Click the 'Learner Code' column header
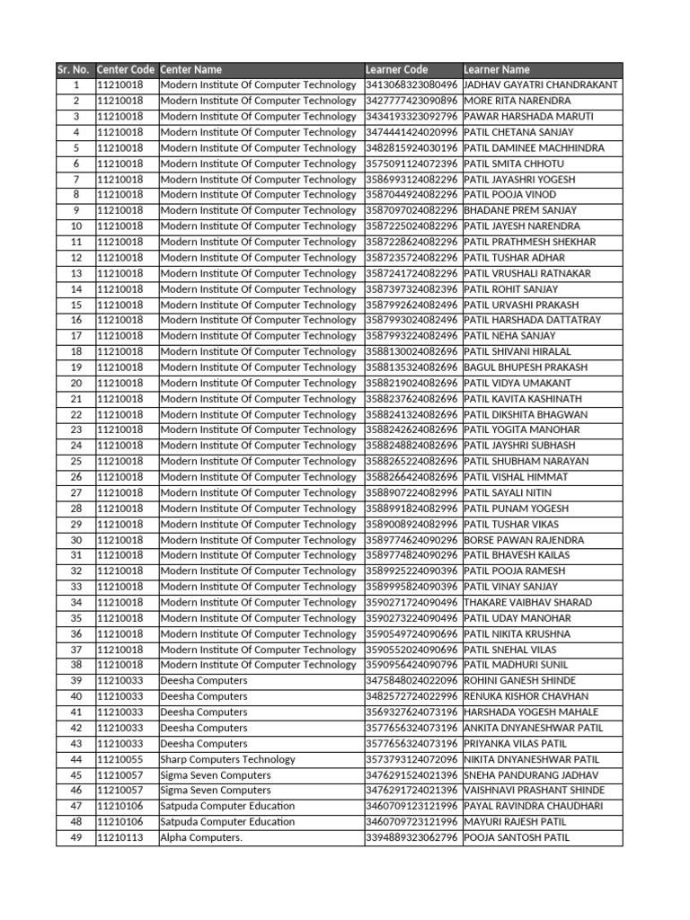396,69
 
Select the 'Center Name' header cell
190,69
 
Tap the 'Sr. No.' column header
73,69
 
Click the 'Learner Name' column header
497,69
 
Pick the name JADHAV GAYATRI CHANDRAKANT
541,84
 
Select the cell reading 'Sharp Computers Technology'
227,759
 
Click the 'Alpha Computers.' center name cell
201,837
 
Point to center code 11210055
119,759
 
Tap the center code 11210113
119,837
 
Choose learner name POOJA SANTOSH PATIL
517,837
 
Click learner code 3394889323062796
411,837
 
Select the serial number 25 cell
76,461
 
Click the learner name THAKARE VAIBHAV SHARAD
527,602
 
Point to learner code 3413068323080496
411,84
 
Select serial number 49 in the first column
76,837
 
